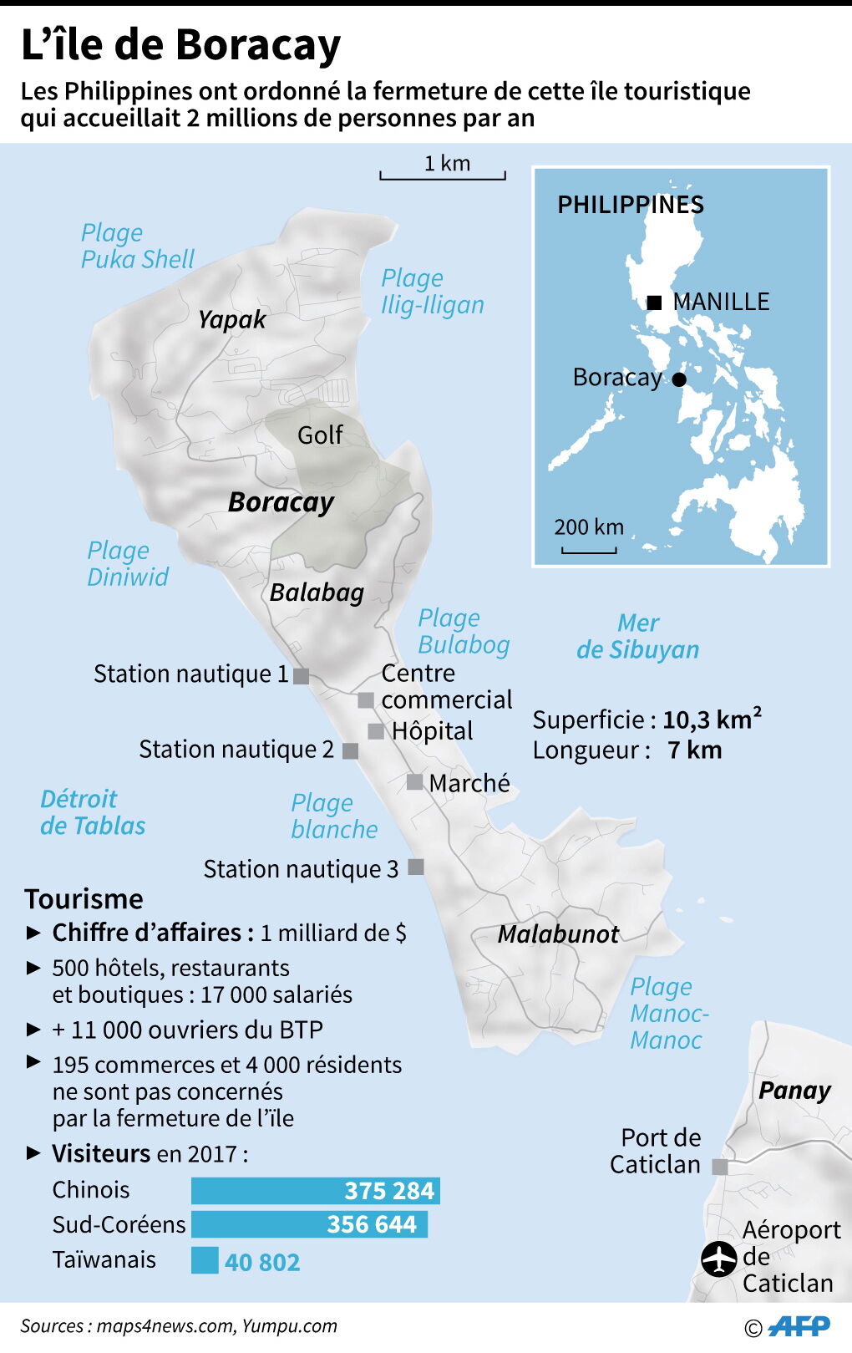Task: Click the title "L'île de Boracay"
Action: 180,45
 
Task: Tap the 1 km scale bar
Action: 443,175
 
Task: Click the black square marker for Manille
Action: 654,303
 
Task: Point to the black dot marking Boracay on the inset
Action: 679,379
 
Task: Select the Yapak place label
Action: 231,319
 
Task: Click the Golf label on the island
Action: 320,435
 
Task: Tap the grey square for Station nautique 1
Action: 302,675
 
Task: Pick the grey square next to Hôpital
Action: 376,731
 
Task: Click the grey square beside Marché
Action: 414,782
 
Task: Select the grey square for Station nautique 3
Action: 415,867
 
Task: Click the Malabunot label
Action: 558,933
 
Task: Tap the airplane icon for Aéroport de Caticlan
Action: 718,1259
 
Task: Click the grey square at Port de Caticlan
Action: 719,1167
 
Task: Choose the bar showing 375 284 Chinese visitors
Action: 315,1190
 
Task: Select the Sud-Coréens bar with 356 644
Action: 309,1224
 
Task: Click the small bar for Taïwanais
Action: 205,1259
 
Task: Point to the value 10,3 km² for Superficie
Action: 712,720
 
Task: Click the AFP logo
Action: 799,1326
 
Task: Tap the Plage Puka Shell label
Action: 137,246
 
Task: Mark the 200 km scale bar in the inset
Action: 589,549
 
